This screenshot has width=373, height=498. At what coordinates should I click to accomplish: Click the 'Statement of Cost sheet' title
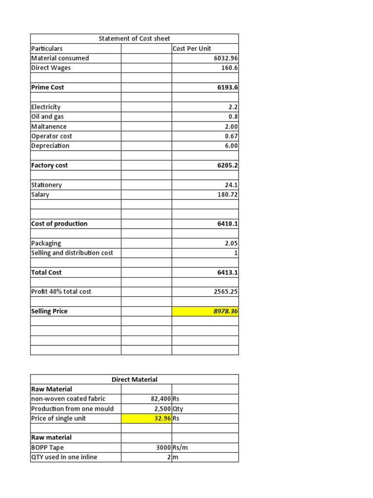pyautogui.click(x=134, y=38)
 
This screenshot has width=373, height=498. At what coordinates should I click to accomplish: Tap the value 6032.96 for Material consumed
pyautogui.click(x=223, y=58)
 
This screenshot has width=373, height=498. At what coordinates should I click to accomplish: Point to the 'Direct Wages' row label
pyautogui.click(x=51, y=68)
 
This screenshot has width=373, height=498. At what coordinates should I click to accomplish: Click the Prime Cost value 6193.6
pyautogui.click(x=227, y=88)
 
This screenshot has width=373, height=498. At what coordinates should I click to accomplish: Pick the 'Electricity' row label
pyautogui.click(x=46, y=107)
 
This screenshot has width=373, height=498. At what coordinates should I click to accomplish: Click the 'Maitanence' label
pyautogui.click(x=49, y=126)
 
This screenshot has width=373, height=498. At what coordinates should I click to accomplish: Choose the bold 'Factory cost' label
pyautogui.click(x=50, y=165)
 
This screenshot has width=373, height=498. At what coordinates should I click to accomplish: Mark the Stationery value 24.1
pyautogui.click(x=231, y=185)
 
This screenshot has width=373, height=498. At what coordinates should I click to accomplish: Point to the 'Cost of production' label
pyautogui.click(x=59, y=224)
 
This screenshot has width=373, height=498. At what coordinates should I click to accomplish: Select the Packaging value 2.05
pyautogui.click(x=230, y=243)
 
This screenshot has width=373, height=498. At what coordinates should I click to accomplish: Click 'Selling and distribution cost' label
pyautogui.click(x=72, y=253)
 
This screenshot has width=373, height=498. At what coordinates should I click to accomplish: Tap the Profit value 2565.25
pyautogui.click(x=224, y=292)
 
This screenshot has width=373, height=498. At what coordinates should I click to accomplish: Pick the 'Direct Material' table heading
pyautogui.click(x=135, y=379)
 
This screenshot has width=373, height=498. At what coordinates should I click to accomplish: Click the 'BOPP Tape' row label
pyautogui.click(x=47, y=447)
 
